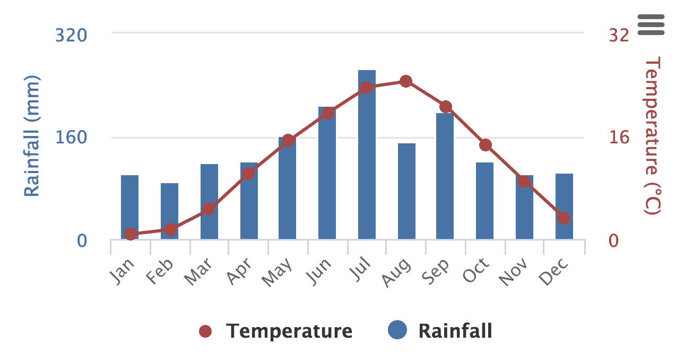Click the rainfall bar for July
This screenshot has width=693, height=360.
(x=367, y=159)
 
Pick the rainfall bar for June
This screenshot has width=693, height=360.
(x=327, y=175)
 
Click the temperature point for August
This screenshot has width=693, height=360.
(x=406, y=81)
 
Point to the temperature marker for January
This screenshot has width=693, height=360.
(x=131, y=234)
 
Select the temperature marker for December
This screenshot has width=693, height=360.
(x=564, y=218)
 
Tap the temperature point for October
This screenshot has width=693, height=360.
(x=485, y=145)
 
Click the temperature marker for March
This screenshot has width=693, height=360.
(x=209, y=209)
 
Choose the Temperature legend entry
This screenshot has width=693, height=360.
(x=276, y=331)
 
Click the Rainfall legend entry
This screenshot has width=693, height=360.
(x=440, y=331)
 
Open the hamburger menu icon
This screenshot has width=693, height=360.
(x=651, y=24)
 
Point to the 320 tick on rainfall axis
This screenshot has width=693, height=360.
(x=71, y=36)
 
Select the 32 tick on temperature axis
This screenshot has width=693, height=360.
(x=619, y=36)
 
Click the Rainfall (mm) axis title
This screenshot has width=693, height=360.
(x=32, y=136)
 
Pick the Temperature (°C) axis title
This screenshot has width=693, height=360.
(x=652, y=136)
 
